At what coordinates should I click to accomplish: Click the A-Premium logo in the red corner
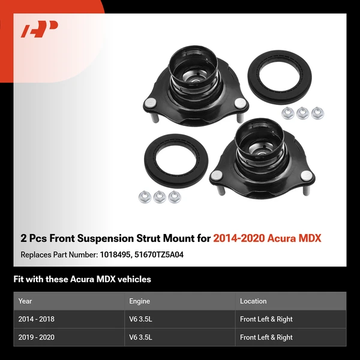[40, 29]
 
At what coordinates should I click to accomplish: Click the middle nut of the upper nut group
[301, 112]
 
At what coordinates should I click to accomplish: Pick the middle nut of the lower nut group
[159, 196]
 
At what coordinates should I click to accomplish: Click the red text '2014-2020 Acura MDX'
[267, 238]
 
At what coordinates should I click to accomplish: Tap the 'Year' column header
[25, 301]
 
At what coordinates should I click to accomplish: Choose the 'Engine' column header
[139, 301]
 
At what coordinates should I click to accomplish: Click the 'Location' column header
[253, 301]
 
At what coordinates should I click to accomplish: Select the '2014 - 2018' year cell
[37, 319]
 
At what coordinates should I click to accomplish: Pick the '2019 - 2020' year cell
[37, 337]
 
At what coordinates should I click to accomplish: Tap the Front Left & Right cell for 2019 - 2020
[266, 337]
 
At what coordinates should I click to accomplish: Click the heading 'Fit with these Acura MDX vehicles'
[82, 279]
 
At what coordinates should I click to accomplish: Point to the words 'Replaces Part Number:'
[58, 254]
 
